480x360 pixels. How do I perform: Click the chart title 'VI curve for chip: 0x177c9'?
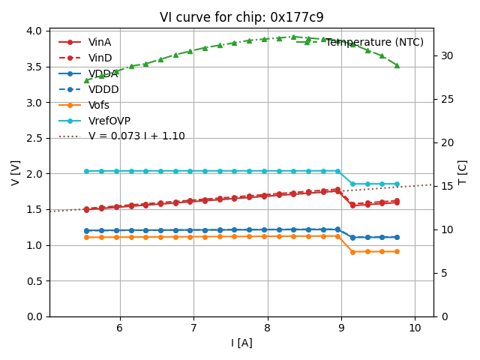tap(241, 17)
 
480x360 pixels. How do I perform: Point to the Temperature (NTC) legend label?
tap(374, 43)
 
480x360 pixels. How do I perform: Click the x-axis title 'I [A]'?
tap(241, 343)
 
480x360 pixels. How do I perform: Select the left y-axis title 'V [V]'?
tap(16, 172)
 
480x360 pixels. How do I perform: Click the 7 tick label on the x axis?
tap(193, 328)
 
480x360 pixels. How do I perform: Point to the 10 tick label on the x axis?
tap(415, 328)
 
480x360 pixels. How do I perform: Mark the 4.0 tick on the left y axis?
tap(34, 31)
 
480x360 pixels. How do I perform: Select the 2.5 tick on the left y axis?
tap(34, 138)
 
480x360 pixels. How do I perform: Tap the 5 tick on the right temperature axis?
tap(442, 273)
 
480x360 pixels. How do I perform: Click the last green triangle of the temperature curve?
tap(397, 65)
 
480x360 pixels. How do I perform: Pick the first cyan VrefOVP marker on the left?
tap(86, 171)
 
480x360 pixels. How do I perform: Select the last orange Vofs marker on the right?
tap(397, 251)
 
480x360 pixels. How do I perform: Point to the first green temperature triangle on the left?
tap(86, 80)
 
